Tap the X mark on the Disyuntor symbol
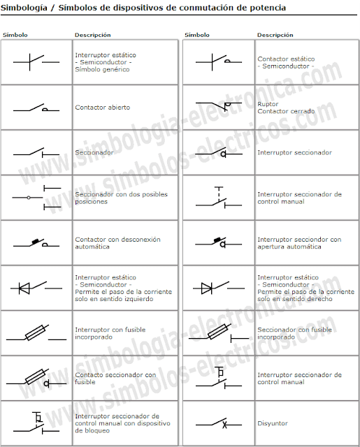[225, 425]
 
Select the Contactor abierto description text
[103, 108]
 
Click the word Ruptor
[268, 104]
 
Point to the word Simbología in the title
[24, 8]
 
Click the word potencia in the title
[268, 8]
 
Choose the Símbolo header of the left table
[15, 35]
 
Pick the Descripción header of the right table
[275, 35]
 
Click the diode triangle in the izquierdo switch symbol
[24, 288]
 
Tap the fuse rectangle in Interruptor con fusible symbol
[36, 332]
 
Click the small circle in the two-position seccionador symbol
[29, 197]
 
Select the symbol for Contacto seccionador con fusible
[36, 379]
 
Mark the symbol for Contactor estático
[219, 61]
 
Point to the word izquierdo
[138, 299]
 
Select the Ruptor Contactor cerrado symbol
[219, 105]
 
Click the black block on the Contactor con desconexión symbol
[36, 242]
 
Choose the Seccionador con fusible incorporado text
[294, 333]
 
